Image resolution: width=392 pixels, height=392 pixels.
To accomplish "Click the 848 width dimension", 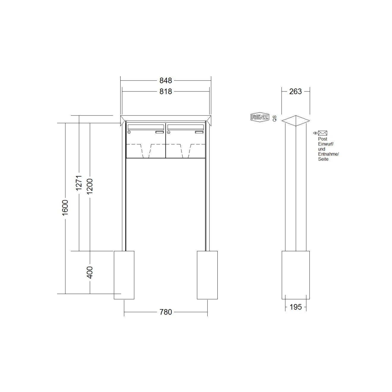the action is [x=166, y=80].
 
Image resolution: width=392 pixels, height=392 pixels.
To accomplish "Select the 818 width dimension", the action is [x=166, y=91].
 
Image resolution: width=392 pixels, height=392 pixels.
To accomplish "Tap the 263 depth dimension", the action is [x=295, y=91].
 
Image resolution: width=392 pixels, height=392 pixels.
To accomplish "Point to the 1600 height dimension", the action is [x=65, y=208].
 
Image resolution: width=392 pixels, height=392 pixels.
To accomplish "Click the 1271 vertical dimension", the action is [x=79, y=183].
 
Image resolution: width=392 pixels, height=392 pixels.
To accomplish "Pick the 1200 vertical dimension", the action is [x=90, y=186].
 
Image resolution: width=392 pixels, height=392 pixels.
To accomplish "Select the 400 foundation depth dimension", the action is [x=90, y=272].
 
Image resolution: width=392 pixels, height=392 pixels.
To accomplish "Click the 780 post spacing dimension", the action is [x=166, y=312].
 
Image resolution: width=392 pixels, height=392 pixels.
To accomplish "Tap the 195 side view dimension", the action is [x=295, y=307].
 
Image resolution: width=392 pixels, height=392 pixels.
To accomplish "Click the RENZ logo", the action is [x=260, y=117].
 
